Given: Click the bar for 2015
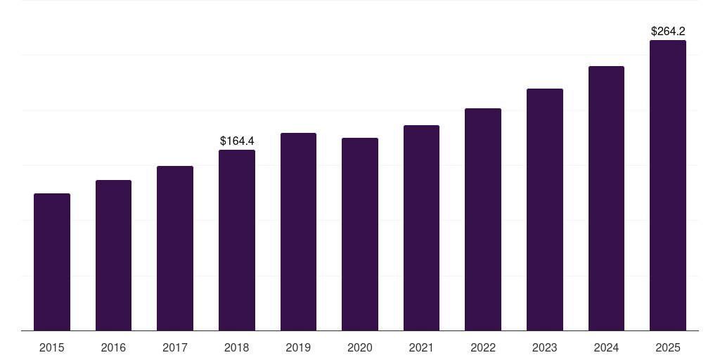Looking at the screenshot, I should click(x=52, y=262).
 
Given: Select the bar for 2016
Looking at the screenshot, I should click(x=113, y=255).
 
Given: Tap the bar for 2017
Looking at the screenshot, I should click(x=175, y=248).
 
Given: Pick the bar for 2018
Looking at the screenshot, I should click(x=237, y=240).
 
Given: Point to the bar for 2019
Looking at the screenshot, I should click(x=298, y=231).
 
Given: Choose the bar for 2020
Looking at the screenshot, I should click(x=360, y=234).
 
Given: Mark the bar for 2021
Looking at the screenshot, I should click(x=421, y=228).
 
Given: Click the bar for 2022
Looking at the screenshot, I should click(x=483, y=219).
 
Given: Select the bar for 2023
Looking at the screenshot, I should click(x=545, y=210).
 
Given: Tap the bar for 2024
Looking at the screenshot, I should click(x=606, y=198).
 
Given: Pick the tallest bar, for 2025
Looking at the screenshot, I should click(x=668, y=185).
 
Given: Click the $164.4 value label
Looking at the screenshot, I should click(x=237, y=141).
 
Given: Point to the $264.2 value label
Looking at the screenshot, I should click(x=668, y=31).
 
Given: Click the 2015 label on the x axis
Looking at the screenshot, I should click(x=52, y=347).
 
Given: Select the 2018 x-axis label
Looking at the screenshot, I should click(x=237, y=347).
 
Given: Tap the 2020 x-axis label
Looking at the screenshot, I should click(x=360, y=347).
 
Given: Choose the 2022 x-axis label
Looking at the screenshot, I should click(x=483, y=347).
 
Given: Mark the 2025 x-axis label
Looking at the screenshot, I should click(x=668, y=347).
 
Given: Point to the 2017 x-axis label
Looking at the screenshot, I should click(x=175, y=347).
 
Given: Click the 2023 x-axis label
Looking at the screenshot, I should click(x=545, y=347).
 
